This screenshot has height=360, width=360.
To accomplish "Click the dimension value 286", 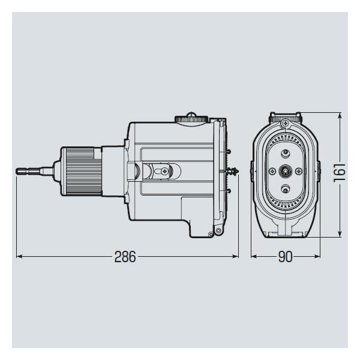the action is (x=125, y=257).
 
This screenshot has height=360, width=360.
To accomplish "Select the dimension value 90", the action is (x=286, y=257).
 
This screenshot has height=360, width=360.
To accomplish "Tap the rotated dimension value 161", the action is (x=340, y=173).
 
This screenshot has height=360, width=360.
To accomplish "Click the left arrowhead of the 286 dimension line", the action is (x=19, y=256).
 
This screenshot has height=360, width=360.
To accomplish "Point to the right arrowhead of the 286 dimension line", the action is (x=236, y=256).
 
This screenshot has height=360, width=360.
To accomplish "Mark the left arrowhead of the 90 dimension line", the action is (x=253, y=256).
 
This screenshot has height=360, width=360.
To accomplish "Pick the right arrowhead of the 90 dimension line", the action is (x=317, y=256).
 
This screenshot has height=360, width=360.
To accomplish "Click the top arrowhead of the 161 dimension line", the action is (x=340, y=115).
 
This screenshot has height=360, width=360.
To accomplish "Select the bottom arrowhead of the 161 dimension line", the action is (x=340, y=234).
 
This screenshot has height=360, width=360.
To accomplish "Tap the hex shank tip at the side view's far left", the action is (x=17, y=171).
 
